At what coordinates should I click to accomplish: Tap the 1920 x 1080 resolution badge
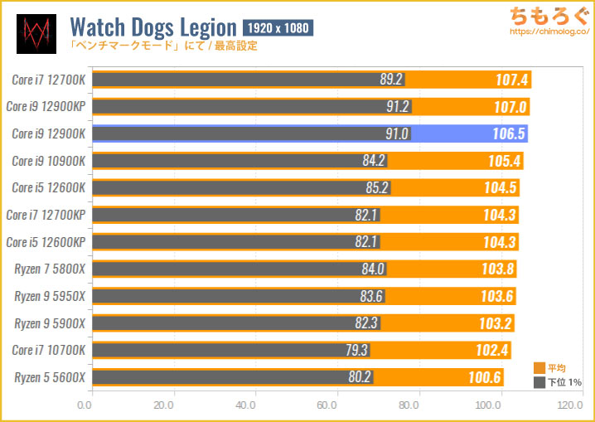point(278,28)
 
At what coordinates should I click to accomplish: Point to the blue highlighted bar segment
point(469,133)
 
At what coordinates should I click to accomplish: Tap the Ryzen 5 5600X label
point(50,377)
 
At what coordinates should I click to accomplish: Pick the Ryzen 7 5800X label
point(50,269)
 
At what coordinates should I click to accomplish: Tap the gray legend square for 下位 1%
point(539,381)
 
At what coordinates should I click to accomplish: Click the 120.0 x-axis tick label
point(569,405)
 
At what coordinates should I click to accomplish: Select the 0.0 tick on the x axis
point(84,405)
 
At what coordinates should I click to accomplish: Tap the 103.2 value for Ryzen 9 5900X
point(496,323)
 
